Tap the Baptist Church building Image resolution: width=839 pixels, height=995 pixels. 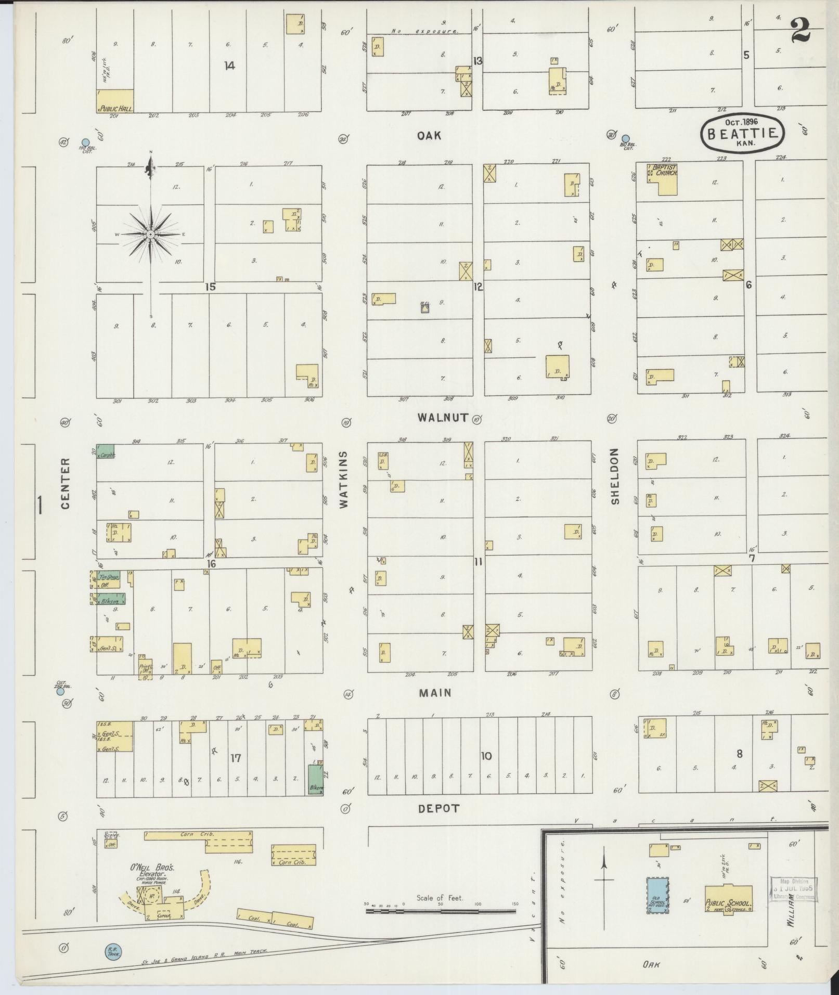point(663,178)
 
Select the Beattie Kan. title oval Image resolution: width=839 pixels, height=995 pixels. point(742,133)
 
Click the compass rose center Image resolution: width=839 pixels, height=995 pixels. point(151,235)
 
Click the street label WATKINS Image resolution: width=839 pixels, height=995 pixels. point(344,479)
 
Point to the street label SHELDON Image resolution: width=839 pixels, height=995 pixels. point(615,476)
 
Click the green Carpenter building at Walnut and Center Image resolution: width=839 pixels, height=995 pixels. point(106,450)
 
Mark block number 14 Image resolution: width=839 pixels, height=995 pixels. point(229,66)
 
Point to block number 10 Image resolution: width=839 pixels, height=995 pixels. point(486,756)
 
